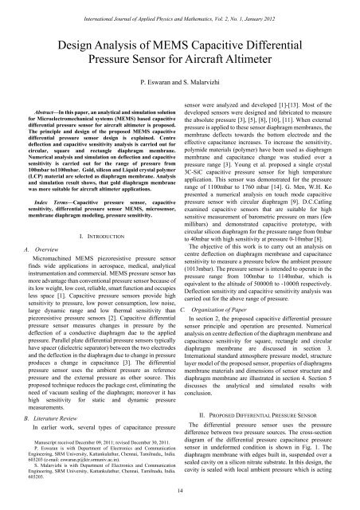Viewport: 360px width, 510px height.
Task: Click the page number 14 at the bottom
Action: pos(180,492)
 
